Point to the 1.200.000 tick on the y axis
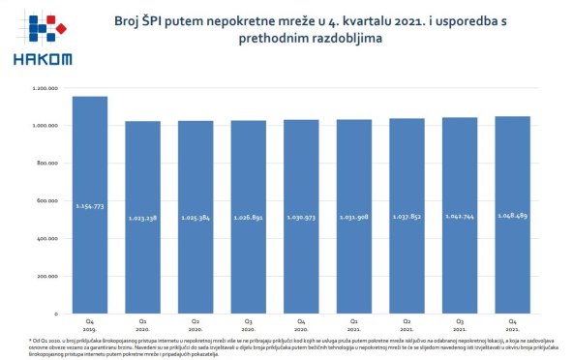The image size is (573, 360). pos(45,88)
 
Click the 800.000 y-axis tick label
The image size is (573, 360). pos(47,164)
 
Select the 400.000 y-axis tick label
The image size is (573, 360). pos(47,238)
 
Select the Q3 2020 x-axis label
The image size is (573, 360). pos(248,321)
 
